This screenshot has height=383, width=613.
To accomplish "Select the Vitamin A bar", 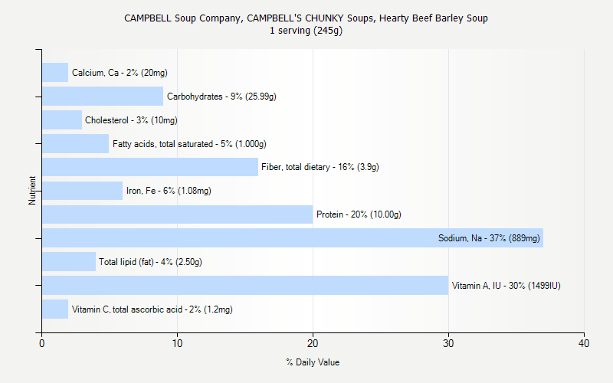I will click(245, 286).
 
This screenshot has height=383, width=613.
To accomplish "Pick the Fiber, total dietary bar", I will click(150, 167).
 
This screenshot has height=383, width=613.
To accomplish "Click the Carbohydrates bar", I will click(103, 97).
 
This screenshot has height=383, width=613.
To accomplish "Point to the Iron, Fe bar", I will click(82, 191).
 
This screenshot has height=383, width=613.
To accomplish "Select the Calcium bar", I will click(55, 73).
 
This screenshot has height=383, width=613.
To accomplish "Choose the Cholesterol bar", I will click(62, 120).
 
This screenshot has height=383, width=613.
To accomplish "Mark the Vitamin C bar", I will click(55, 309).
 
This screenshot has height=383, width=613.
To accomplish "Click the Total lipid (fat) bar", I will click(69, 262).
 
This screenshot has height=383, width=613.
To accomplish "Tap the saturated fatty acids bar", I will click(75, 144).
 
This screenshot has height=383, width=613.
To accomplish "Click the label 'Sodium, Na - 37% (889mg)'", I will click(489, 238).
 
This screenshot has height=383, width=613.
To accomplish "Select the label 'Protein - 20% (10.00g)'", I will click(359, 214).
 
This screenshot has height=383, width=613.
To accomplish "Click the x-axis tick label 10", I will click(178, 344).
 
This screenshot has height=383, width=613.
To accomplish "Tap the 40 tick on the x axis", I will click(584, 344).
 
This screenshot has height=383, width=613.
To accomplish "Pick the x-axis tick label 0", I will click(42, 344).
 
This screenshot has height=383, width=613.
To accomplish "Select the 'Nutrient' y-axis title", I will click(33, 191).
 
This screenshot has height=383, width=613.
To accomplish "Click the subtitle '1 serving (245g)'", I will click(306, 31).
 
